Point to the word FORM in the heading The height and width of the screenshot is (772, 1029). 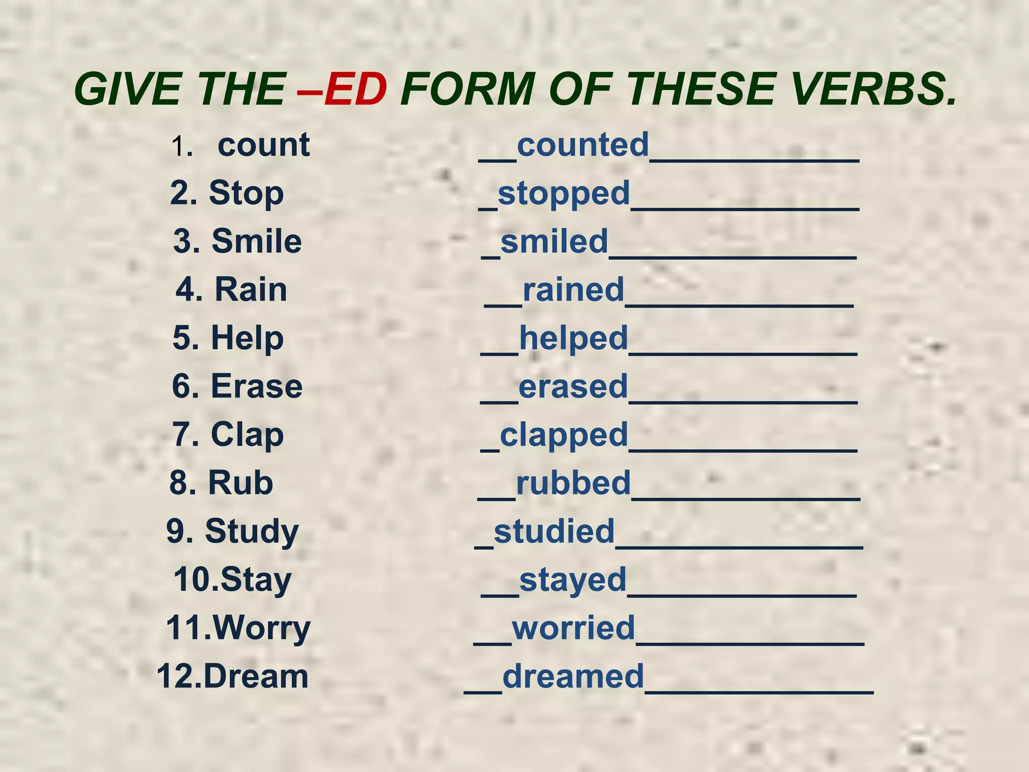[x=467, y=89]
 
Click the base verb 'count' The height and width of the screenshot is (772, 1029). [x=263, y=145]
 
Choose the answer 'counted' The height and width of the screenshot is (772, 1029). [x=583, y=145]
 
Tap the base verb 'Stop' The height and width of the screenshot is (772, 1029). [x=246, y=194]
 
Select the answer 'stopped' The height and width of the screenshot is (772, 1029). [x=564, y=194]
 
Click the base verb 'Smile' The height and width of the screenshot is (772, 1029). [x=256, y=242]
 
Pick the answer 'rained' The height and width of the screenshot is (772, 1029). [x=573, y=290]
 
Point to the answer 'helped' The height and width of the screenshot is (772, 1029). [x=573, y=338]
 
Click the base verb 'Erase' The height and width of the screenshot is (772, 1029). [x=257, y=387]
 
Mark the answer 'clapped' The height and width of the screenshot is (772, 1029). [x=564, y=435]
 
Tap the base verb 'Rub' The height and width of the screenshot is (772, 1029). [x=240, y=483]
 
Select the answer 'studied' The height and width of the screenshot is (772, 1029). [x=554, y=531]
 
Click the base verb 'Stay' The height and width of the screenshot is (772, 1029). [x=256, y=580]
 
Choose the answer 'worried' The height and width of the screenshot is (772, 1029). [x=573, y=628]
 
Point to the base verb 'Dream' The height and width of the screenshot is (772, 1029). [x=256, y=676]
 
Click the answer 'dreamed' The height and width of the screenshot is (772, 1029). [x=573, y=676]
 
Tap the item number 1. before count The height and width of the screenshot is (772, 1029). [x=182, y=147]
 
